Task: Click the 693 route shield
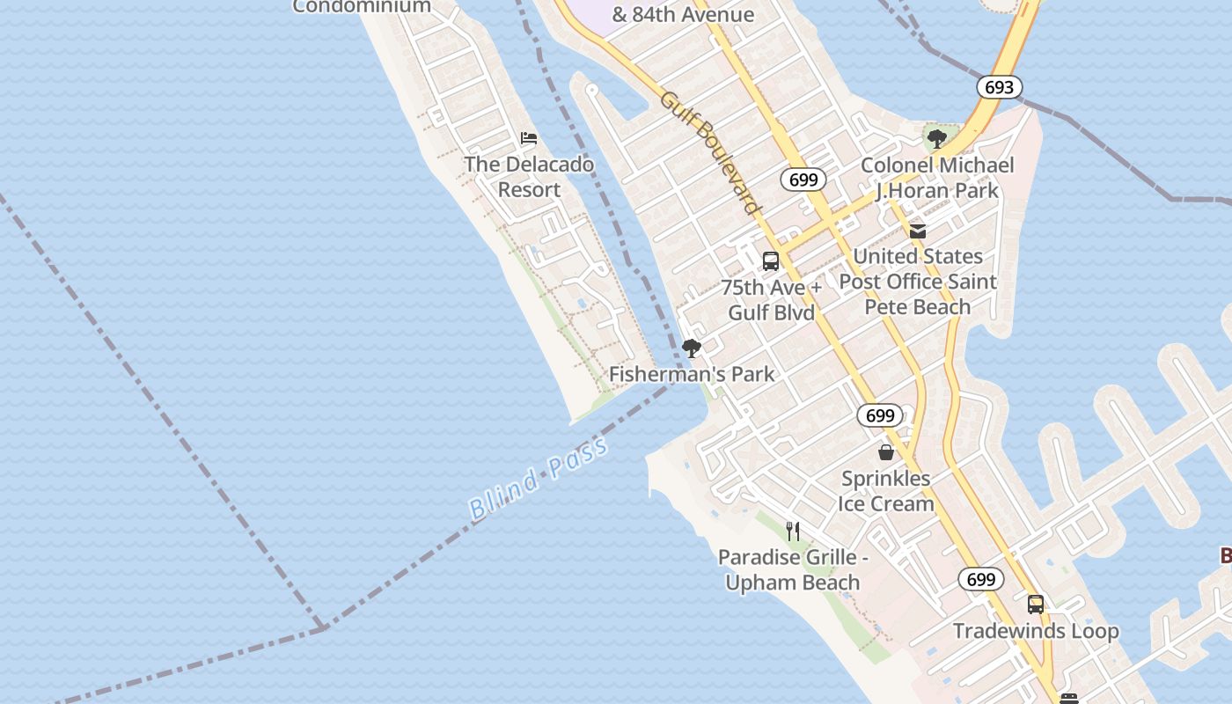(999, 87)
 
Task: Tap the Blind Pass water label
(538, 478)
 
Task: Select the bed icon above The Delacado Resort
(529, 138)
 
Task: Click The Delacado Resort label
(529, 177)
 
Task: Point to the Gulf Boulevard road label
(709, 152)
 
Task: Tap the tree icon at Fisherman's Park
(692, 348)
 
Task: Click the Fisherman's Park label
(692, 374)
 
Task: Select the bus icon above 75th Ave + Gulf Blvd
(771, 261)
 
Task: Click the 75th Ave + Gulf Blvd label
(771, 300)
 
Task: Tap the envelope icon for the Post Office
(918, 231)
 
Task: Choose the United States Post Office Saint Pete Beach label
(918, 282)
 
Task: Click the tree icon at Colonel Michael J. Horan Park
(937, 138)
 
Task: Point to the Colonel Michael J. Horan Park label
(937, 178)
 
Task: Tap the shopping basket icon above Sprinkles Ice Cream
(886, 452)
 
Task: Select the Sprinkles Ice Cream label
(886, 491)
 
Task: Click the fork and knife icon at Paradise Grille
(793, 531)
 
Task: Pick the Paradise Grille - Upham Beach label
(793, 569)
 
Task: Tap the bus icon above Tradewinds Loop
(1036, 605)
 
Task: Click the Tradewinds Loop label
(1036, 631)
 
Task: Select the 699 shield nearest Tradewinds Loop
(980, 579)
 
